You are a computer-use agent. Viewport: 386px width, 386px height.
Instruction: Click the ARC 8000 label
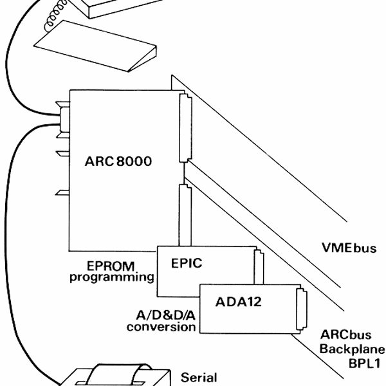[x=118, y=161]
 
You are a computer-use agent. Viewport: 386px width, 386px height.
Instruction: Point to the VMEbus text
[x=348, y=248]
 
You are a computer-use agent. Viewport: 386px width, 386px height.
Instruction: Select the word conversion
[x=161, y=326]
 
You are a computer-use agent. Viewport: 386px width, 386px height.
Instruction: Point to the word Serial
[x=200, y=378]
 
